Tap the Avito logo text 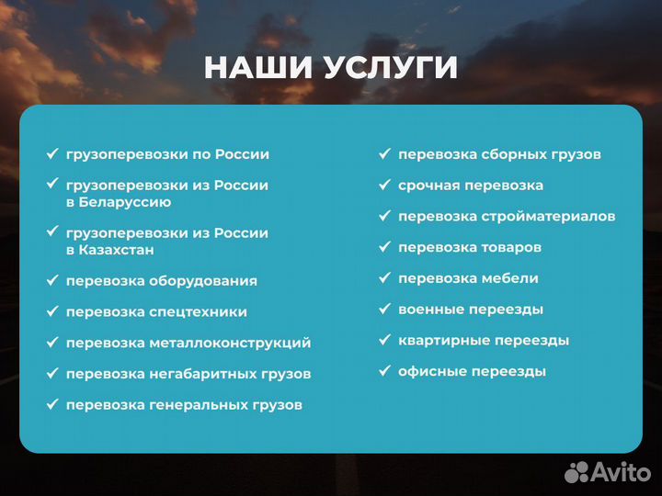coord(621,472)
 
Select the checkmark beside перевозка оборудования coord(51,280)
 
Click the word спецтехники coord(198,312)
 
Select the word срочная coord(429,186)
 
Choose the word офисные coord(432,372)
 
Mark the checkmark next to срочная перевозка coord(384,185)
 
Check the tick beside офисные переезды coord(384,371)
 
